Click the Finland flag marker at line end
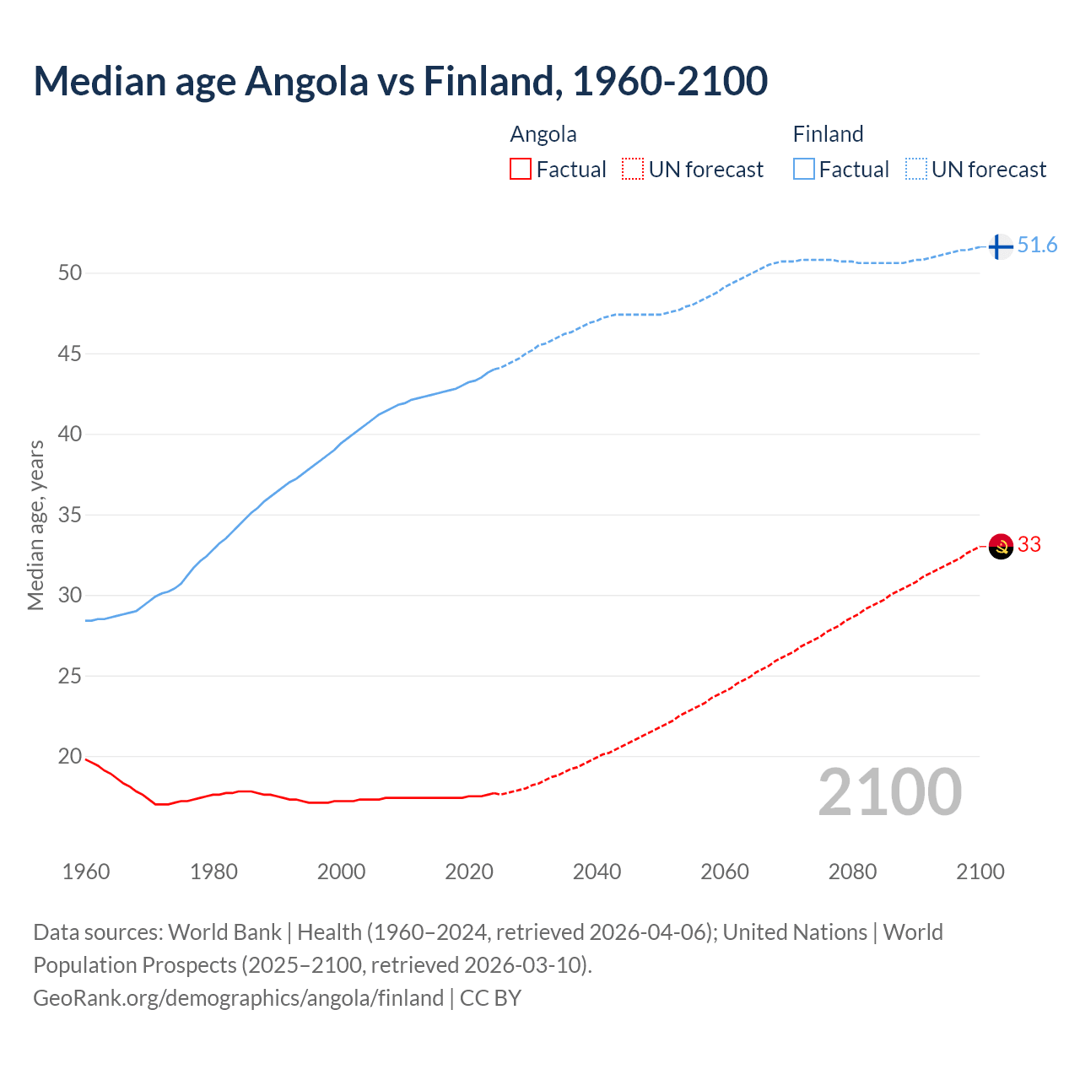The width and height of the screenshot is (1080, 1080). tap(1000, 246)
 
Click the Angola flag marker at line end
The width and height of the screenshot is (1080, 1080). tap(1001, 546)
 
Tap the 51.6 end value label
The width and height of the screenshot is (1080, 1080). tap(1037, 246)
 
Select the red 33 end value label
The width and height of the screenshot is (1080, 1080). tap(1029, 545)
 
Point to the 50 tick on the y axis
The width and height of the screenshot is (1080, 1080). tap(70, 273)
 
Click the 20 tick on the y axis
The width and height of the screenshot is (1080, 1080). tap(70, 756)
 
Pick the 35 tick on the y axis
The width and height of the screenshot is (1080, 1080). tap(70, 515)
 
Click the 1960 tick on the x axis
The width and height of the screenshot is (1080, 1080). tap(86, 872)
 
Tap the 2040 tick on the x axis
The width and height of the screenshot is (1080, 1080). tap(597, 872)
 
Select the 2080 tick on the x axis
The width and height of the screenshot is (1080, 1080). tap(852, 872)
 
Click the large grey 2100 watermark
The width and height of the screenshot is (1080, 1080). tap(889, 791)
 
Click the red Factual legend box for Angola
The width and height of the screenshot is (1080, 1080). tap(521, 170)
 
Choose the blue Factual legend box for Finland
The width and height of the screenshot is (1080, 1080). tap(804, 170)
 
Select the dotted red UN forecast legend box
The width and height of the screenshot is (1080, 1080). tap(633, 170)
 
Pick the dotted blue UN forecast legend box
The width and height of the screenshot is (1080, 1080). tap(916, 170)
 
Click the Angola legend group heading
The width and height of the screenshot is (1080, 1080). tap(543, 134)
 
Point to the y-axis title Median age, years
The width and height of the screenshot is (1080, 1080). tap(35, 525)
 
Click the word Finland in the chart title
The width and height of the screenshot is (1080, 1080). tap(492, 81)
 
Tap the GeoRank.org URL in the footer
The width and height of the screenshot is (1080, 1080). tap(238, 998)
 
